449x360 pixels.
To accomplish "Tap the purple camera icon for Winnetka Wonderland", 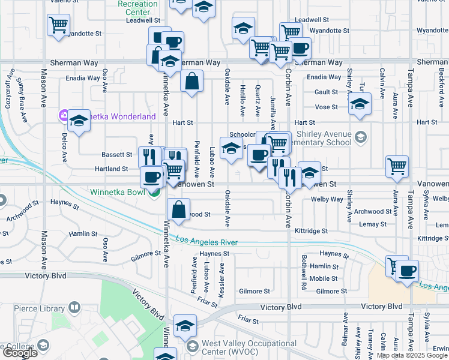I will point(63,115).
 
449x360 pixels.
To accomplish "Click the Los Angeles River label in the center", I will point(206,241).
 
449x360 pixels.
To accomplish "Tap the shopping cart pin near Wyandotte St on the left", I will point(58,25).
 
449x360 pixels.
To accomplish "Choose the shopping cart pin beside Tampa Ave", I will point(397,166).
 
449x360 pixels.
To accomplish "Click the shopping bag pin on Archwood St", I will point(179,210).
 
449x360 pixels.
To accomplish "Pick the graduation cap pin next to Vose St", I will point(360,104).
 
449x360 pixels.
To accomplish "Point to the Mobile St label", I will point(323,278).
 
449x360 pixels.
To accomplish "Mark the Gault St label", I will point(326,92).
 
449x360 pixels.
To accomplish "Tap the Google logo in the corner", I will point(19,353).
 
